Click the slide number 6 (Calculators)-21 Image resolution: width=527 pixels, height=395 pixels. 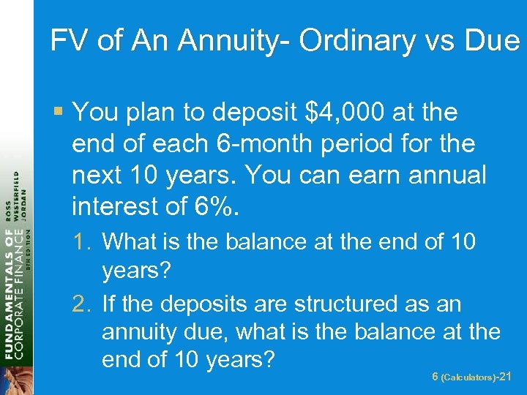click(472, 376)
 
